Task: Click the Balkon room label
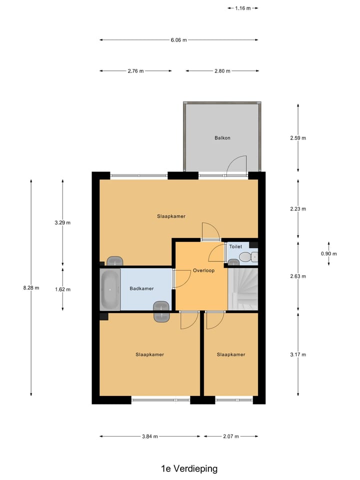222,138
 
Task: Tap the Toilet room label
235,247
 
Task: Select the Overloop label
203,270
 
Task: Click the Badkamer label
141,288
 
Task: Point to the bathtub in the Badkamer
109,289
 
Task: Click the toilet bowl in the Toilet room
245,257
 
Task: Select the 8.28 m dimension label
31,288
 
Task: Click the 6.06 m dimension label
178,40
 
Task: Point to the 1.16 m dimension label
243,8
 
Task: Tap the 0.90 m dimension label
328,253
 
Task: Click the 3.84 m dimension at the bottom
149,436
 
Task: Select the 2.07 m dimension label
230,436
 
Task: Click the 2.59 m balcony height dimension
298,138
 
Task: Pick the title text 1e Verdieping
189,468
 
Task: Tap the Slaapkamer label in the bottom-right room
231,354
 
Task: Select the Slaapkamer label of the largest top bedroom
171,216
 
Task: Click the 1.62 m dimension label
62,289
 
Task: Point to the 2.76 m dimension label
135,71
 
